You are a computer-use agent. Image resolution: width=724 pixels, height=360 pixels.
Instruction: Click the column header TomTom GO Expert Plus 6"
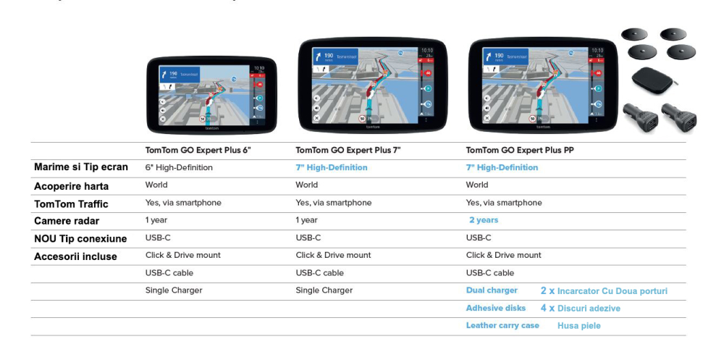[x=198, y=151]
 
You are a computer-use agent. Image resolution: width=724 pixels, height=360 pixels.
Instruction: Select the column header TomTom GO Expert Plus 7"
[x=349, y=151]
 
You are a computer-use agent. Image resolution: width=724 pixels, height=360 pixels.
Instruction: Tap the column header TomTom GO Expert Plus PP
[x=516, y=151]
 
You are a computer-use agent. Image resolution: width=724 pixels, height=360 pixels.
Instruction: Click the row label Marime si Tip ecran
[x=81, y=167]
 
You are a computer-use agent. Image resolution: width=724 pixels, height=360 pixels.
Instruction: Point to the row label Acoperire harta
[x=71, y=186]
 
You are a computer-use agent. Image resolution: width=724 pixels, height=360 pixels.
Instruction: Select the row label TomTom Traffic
[x=70, y=204]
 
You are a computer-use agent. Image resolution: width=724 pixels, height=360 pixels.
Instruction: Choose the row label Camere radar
[x=67, y=221]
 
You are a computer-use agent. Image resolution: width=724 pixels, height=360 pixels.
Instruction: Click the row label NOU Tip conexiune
[x=80, y=238]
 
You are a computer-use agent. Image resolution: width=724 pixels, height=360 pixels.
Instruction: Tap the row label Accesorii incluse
[x=75, y=256]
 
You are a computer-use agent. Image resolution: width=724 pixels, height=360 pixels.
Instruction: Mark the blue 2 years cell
[x=484, y=220]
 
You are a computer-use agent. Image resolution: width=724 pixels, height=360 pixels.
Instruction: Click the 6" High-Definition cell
[x=179, y=167]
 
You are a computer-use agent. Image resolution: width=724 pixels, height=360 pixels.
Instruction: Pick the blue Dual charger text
[x=492, y=290]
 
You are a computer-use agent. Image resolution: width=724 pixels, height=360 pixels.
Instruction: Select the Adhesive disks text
[x=496, y=308]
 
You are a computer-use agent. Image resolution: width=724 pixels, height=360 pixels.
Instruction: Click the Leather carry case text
[x=502, y=325]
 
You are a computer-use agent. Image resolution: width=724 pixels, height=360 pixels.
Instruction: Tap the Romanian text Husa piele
[x=579, y=326]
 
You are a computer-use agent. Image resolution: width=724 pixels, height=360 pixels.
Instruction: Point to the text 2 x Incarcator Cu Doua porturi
[x=604, y=291]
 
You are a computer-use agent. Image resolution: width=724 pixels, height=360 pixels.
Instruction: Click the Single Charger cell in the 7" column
[x=324, y=290]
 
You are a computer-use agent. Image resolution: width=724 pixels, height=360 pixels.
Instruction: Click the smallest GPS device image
[x=211, y=94]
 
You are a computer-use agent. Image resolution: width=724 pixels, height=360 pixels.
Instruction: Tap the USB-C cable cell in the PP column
[x=490, y=273]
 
